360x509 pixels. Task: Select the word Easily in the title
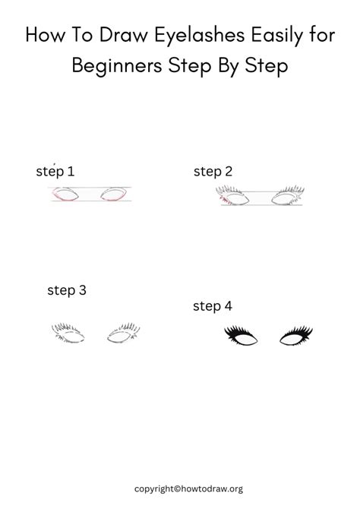(x=283, y=35)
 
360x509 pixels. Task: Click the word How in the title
(x=49, y=35)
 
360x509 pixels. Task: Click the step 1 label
(x=55, y=172)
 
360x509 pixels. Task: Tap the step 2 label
(x=213, y=172)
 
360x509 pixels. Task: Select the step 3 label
(x=67, y=289)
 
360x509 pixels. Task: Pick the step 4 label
(x=213, y=306)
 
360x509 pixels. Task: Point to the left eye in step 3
(x=69, y=333)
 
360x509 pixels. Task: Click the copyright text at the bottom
(x=189, y=488)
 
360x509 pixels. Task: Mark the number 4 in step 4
(x=228, y=306)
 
